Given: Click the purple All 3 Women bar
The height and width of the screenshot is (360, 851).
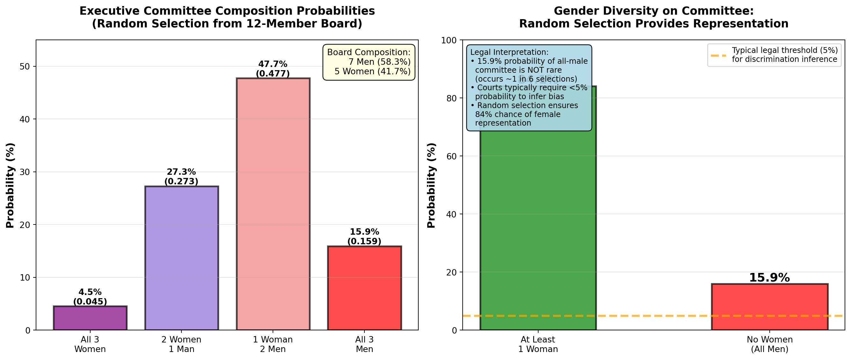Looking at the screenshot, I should [x=90, y=318].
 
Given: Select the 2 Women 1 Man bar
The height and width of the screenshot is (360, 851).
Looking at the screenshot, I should [x=181, y=258].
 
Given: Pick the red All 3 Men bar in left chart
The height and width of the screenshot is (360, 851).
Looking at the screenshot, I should [x=364, y=288].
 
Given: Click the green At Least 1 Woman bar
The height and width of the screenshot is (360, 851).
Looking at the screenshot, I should [x=538, y=231].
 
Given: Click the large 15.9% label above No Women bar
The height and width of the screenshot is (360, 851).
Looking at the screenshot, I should [x=769, y=278].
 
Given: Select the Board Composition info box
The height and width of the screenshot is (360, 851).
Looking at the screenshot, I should [x=369, y=62].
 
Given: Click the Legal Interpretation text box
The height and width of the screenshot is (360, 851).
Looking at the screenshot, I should [x=529, y=87].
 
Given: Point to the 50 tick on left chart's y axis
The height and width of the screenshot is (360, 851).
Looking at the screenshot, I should [x=25, y=66].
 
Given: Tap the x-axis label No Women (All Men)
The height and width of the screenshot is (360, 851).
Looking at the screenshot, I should [x=769, y=344].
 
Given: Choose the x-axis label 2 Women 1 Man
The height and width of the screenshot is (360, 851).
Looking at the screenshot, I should [x=181, y=344].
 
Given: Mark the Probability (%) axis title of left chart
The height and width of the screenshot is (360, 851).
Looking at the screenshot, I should [x=10, y=185].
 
